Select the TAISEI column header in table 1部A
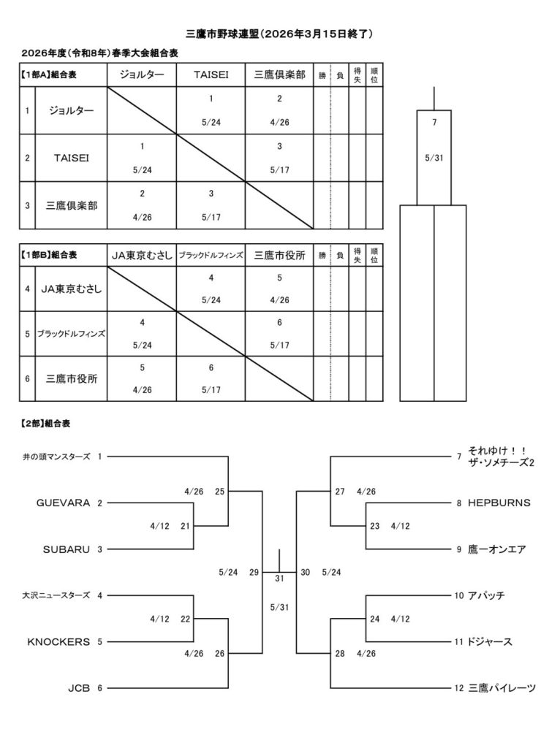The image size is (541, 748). (x=211, y=75)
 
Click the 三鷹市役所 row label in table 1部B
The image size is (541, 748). (x=71, y=378)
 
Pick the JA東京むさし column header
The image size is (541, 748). (x=141, y=255)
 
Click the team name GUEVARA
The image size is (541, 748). (x=63, y=503)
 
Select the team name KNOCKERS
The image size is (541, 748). (x=58, y=641)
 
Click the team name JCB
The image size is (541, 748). (x=77, y=687)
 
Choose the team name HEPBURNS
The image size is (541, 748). (x=499, y=503)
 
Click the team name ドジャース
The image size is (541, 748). (x=490, y=641)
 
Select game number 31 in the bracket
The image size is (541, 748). (x=279, y=579)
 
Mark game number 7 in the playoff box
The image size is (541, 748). (x=434, y=122)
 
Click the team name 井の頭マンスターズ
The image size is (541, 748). (x=56, y=457)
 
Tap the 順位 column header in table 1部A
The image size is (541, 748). (x=374, y=75)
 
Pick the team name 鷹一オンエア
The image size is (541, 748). (x=496, y=549)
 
